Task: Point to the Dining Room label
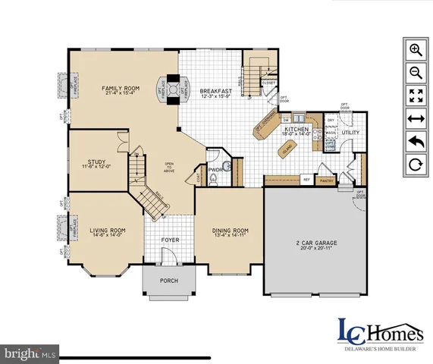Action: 229,231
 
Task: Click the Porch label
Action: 168,279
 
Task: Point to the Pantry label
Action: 328,181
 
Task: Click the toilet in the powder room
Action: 215,179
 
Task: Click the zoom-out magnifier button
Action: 416,73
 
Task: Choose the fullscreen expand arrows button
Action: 416,96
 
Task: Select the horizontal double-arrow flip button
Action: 416,118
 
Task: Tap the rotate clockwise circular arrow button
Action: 416,164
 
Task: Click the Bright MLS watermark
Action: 30,353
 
